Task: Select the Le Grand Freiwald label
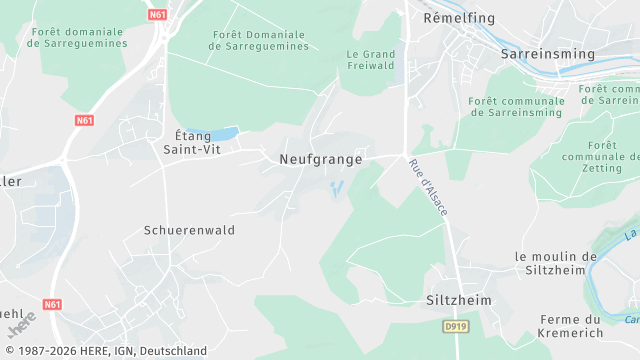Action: point(371,59)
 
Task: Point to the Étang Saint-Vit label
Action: point(192,142)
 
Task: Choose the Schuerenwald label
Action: point(189,229)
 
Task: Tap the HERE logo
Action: point(22,324)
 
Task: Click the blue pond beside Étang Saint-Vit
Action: point(224,133)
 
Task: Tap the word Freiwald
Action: point(371,66)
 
